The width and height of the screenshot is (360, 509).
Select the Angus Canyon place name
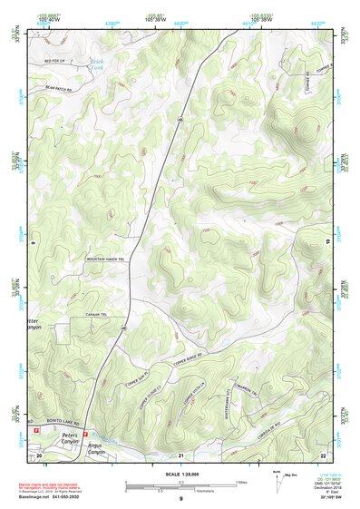(x=95, y=448)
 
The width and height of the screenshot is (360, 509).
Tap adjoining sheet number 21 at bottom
(x=180, y=454)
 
